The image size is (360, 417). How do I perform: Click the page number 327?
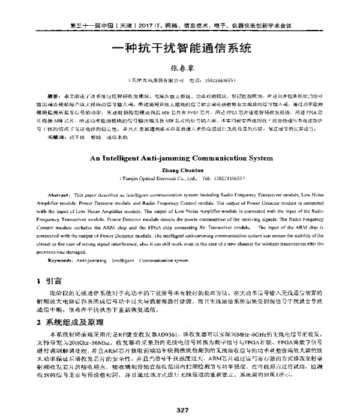179,410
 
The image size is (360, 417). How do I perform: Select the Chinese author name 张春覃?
179,69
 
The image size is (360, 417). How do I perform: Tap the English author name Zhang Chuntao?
180,170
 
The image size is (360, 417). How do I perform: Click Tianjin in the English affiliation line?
134,178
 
